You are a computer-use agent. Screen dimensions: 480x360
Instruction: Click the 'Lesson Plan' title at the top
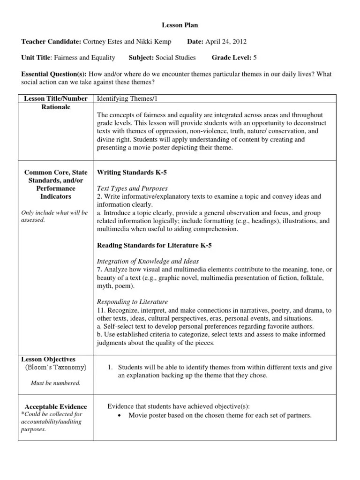[x=177, y=25]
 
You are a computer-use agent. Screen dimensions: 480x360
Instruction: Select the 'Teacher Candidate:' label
[x=52, y=42]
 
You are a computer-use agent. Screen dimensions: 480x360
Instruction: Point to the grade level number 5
[x=255, y=58]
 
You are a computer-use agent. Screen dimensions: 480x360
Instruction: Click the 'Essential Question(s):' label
[x=53, y=74]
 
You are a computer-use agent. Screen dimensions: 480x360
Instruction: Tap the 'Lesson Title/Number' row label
[x=56, y=98]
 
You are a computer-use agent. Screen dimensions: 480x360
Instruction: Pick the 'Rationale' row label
[x=56, y=107]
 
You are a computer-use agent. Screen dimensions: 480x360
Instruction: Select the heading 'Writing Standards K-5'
[x=132, y=172]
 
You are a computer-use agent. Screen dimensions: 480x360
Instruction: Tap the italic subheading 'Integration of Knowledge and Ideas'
[x=148, y=261]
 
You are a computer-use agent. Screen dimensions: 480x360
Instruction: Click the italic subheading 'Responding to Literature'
[x=132, y=302]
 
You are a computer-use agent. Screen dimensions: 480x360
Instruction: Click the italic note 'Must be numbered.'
[x=56, y=383]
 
